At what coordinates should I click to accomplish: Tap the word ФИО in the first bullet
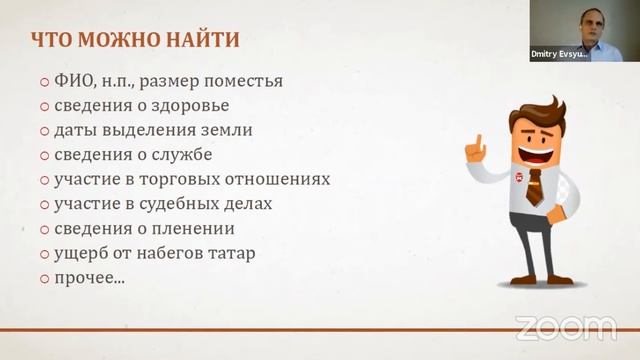click(72, 81)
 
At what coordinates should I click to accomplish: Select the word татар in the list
click(231, 253)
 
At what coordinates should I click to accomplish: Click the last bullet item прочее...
click(89, 277)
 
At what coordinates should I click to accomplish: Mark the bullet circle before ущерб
click(45, 254)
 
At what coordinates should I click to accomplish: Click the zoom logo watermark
click(565, 327)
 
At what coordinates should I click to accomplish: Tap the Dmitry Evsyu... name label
click(558, 56)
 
